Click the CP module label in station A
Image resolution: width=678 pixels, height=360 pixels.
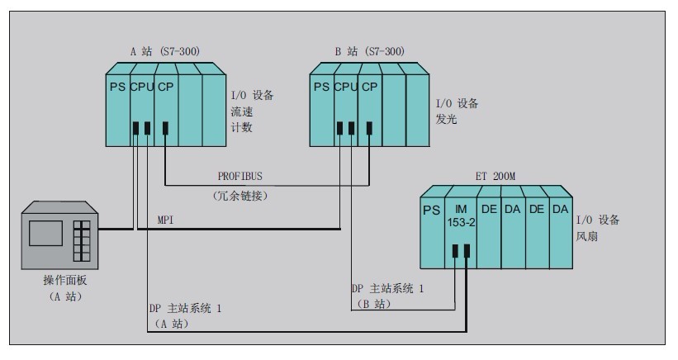[x=166, y=87]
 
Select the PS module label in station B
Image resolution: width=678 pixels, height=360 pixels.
[x=321, y=87]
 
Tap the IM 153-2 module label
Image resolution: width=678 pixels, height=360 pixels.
[x=461, y=216]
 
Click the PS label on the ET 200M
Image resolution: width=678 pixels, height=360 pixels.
[x=432, y=211]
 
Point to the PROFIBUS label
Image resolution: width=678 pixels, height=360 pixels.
[x=240, y=177]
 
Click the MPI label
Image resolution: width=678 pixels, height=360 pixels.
[x=166, y=220]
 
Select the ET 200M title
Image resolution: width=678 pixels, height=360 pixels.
[x=495, y=177]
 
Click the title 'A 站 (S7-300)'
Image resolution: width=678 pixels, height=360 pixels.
[x=165, y=51]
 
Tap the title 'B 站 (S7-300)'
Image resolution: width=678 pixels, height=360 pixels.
[x=370, y=51]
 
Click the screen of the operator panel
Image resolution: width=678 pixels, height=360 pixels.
[x=46, y=234]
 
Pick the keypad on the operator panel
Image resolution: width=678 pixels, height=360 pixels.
[x=82, y=241]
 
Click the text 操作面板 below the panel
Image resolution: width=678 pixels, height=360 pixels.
[x=65, y=280]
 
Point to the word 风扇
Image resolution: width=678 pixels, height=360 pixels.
[x=587, y=236]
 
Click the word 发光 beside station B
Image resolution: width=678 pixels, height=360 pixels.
[x=446, y=119]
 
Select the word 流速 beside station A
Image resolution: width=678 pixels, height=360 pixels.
[x=242, y=111]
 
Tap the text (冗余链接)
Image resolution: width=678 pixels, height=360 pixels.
[x=240, y=196]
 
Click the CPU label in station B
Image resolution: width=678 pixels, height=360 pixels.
[x=345, y=87]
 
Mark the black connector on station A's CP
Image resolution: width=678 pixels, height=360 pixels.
[x=165, y=128]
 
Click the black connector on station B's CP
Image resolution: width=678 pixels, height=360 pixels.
[x=369, y=128]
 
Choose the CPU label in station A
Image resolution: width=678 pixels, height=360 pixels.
[x=142, y=87]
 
